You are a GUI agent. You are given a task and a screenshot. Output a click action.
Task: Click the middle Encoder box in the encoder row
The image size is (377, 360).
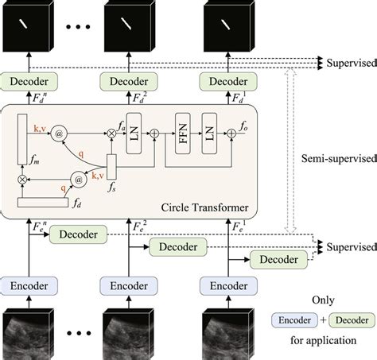click(127, 284)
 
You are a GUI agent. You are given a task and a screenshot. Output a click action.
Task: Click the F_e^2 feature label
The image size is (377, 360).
click(138, 226)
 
